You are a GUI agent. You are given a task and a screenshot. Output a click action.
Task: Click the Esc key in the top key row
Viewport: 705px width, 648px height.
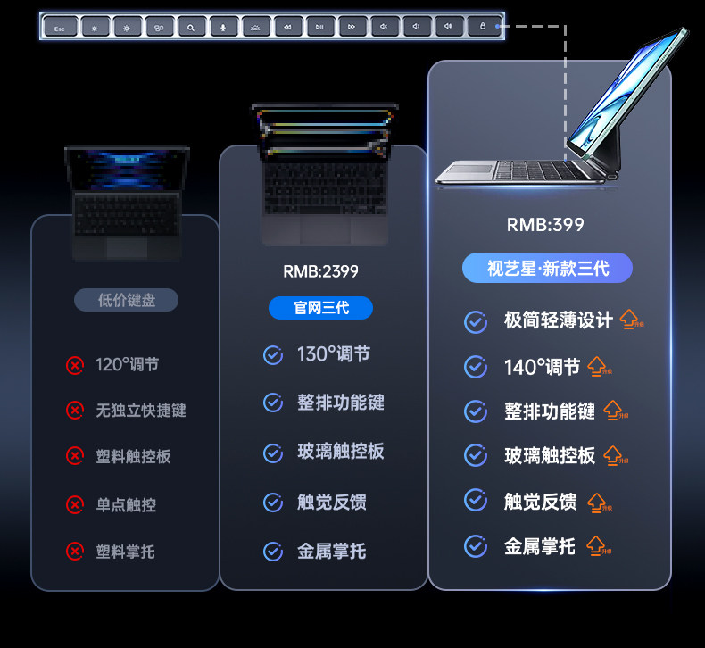tap(60, 28)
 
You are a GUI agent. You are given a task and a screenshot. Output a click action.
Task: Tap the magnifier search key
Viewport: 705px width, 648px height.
tap(190, 28)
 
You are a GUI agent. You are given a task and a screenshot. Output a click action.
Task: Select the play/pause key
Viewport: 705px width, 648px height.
tap(319, 28)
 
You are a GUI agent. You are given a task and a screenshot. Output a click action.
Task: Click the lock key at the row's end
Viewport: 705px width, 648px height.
tap(482, 27)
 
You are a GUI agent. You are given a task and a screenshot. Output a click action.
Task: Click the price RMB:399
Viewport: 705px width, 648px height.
tap(545, 225)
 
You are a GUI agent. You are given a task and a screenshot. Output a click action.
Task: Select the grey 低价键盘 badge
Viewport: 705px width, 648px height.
tap(126, 301)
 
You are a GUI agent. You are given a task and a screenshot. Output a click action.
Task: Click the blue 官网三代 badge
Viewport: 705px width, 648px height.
tap(320, 308)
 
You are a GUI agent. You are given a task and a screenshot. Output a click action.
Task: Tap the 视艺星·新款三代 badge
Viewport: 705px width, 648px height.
tap(547, 268)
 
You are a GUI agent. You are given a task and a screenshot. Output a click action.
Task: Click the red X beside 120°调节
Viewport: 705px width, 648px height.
tap(75, 364)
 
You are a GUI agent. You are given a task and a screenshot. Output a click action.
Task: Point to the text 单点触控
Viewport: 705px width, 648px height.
tap(126, 504)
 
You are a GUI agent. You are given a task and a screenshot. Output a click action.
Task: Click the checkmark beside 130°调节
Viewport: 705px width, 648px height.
tap(273, 355)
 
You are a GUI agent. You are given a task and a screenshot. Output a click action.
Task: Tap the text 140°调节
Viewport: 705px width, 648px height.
tap(542, 367)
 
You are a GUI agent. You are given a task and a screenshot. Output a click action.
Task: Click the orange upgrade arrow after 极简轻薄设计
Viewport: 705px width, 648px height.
tap(631, 320)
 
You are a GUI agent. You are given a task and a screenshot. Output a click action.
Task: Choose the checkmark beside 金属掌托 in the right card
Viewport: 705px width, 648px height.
tap(476, 545)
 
